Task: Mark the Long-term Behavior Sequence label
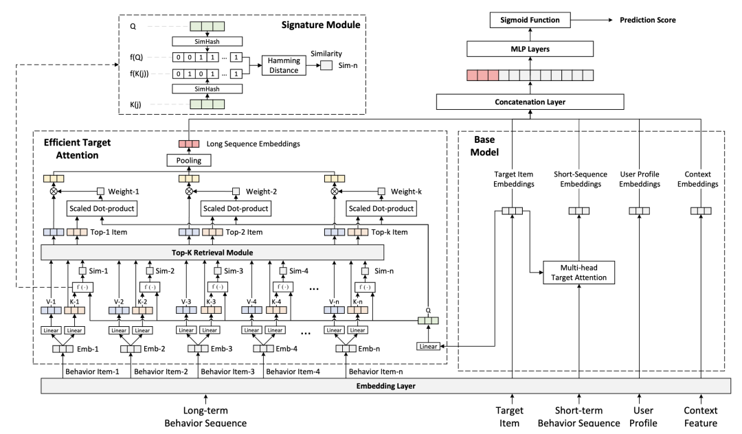click(205, 418)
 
